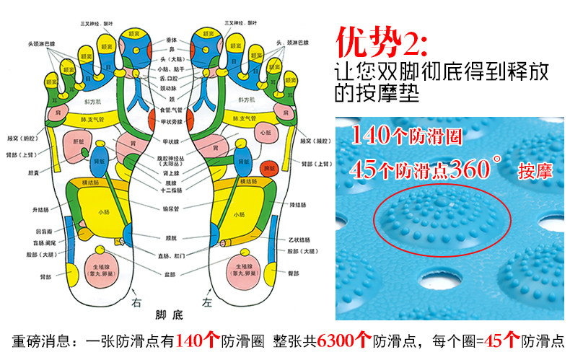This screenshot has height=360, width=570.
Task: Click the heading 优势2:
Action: pos(382,44)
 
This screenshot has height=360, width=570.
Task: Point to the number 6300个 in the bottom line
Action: pos(344,340)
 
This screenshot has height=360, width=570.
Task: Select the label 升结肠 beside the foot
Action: pos(39,209)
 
